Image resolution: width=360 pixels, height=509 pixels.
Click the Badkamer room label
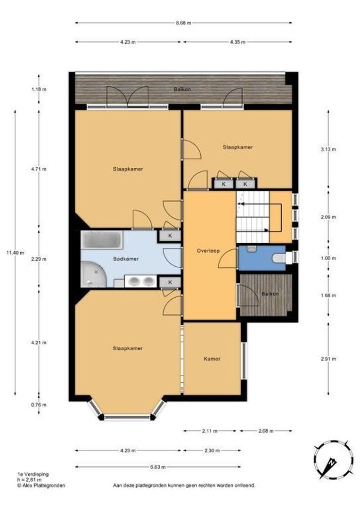[126, 259]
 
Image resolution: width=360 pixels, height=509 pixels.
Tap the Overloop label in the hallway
[208, 251]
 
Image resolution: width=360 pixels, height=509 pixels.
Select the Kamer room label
[212, 359]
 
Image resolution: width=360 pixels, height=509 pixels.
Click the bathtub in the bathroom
[102, 240]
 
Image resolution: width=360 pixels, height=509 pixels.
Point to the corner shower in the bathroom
[94, 275]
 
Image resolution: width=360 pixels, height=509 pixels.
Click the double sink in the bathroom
[140, 281]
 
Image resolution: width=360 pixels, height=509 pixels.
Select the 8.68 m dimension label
[183, 23]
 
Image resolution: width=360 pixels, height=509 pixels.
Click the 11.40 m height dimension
[15, 253]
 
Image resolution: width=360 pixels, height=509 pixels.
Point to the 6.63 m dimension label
[158, 467]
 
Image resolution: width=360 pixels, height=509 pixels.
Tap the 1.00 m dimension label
[328, 258]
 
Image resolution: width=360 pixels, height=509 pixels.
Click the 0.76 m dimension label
[39, 405]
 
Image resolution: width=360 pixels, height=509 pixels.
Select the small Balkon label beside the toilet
[270, 294]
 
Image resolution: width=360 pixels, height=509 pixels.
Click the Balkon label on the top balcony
[182, 89]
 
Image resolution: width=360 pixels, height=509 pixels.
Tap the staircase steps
[253, 217]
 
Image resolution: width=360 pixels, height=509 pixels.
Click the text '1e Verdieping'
[33, 474]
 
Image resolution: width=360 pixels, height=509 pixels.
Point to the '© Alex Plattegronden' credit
[41, 485]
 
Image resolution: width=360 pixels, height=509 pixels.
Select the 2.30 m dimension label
[212, 451]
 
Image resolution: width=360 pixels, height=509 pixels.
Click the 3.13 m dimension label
[328, 149]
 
